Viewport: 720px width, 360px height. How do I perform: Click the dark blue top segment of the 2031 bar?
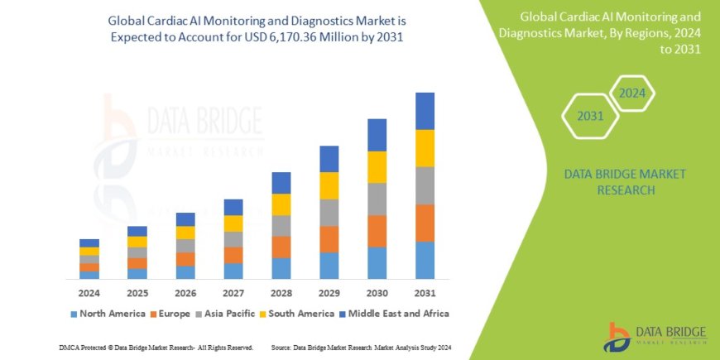point(425,111)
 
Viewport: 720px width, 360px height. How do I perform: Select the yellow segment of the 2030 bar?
point(377,167)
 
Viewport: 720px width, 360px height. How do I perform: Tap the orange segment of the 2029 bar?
point(329,239)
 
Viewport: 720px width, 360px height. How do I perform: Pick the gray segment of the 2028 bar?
point(281,226)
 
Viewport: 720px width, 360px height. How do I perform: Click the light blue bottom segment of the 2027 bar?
point(233,271)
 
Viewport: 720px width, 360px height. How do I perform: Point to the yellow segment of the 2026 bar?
point(185,233)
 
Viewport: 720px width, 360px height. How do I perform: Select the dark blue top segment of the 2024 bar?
point(89,242)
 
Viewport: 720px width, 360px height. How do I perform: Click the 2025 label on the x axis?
point(137,293)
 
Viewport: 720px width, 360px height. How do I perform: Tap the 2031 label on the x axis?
point(425,293)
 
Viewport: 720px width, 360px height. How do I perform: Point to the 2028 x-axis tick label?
point(281,293)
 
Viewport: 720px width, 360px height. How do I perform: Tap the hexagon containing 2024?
point(632,93)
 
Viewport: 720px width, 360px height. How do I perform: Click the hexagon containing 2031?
point(590,116)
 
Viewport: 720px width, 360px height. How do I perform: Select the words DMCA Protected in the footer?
point(83,347)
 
